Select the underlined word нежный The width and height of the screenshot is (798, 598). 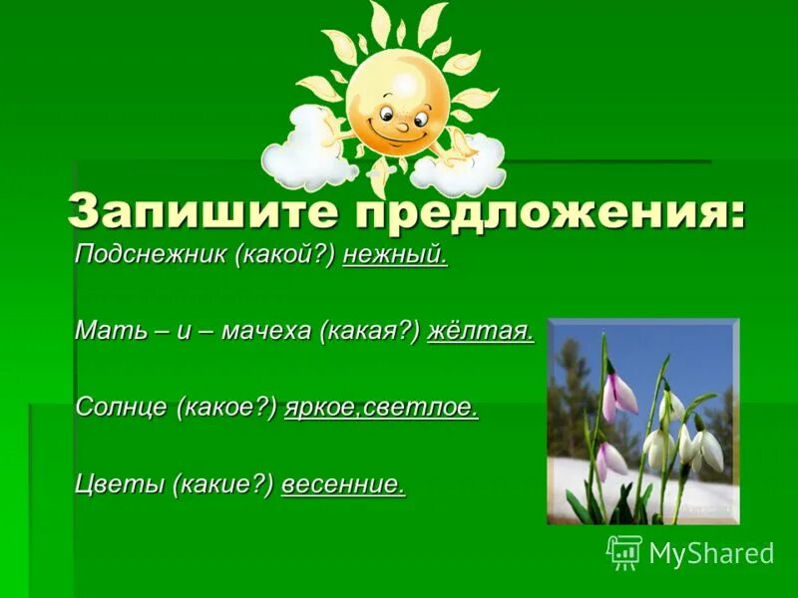coord(395,256)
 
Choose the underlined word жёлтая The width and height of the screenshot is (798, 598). coord(480,332)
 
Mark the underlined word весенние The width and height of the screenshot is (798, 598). coord(343,483)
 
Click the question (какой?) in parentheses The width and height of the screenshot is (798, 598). coord(285,256)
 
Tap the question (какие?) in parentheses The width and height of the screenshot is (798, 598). coord(222,483)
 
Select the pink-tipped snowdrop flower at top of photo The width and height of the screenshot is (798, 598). coord(619,389)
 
